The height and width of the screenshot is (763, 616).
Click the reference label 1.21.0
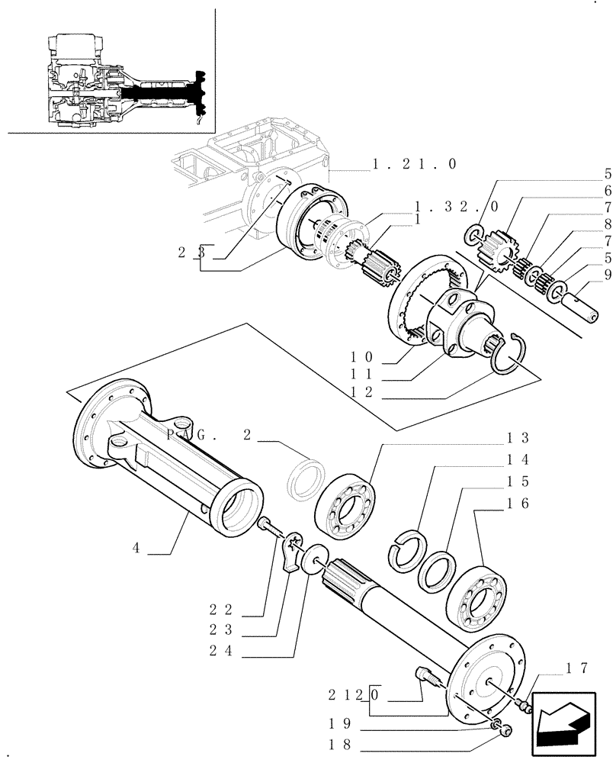coord(415,164)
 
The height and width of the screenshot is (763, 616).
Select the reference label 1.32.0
coord(457,207)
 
